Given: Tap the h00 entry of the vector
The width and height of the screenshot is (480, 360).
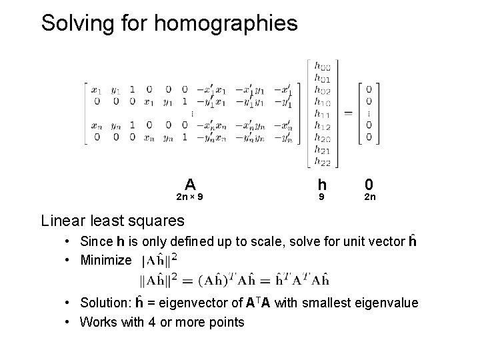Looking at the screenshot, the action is point(321,67).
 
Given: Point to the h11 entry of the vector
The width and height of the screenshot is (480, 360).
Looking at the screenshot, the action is point(321,115).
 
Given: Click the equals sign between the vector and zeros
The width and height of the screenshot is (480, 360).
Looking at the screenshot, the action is point(348,113).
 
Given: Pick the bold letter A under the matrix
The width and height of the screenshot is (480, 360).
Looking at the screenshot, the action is point(190,184).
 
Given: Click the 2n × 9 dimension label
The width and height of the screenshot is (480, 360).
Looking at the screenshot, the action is point(190,197).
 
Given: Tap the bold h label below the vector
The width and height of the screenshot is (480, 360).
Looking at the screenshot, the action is point(322,184).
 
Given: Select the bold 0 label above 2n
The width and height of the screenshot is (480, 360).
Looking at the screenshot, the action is point(369,184).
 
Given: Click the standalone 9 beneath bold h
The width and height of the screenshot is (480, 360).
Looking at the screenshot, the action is point(322,197).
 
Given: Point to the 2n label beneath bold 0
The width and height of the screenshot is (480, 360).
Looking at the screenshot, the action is point(369,197).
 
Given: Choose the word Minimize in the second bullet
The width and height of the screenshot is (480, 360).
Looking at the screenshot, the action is point(106,260).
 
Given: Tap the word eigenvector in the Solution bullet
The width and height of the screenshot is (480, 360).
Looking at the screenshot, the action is point(189,303).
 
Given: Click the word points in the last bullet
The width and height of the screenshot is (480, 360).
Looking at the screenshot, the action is point(225,323).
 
